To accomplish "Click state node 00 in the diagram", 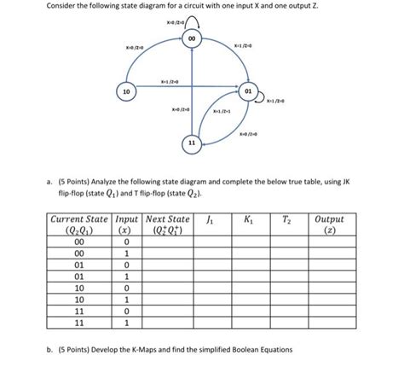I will (193, 39).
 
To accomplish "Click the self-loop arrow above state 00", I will (193, 21).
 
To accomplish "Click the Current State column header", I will (78, 225).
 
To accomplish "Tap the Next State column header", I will (169, 225).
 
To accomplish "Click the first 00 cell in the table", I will (78, 242).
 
